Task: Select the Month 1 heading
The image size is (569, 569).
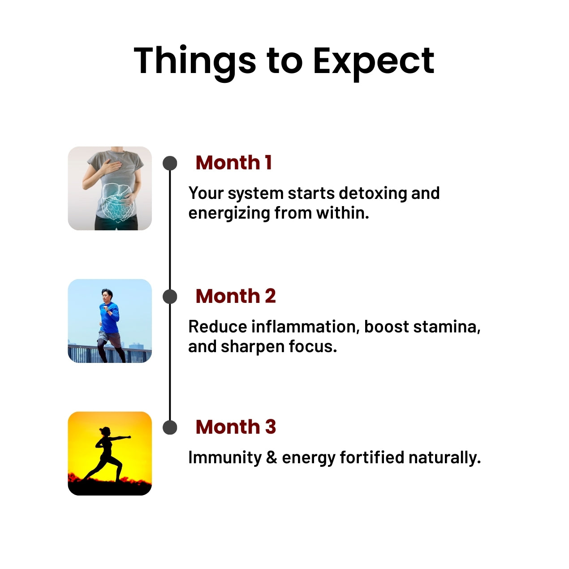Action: pyautogui.click(x=233, y=163)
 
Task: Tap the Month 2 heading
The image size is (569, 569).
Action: pyautogui.click(x=236, y=296)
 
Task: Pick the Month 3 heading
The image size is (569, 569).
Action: pyautogui.click(x=236, y=427)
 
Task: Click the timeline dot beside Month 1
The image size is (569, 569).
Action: pyautogui.click(x=170, y=163)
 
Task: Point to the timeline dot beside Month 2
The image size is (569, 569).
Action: pyautogui.click(x=170, y=297)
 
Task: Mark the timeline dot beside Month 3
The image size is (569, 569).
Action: pyautogui.click(x=170, y=427)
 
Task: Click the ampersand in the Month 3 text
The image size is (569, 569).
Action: pyautogui.click(x=272, y=457)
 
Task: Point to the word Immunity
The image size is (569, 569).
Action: pyautogui.click(x=225, y=458)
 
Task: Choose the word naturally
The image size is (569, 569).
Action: pyautogui.click(x=445, y=458)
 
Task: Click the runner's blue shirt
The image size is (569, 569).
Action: pyautogui.click(x=109, y=317)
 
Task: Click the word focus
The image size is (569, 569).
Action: pyautogui.click(x=313, y=346)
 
